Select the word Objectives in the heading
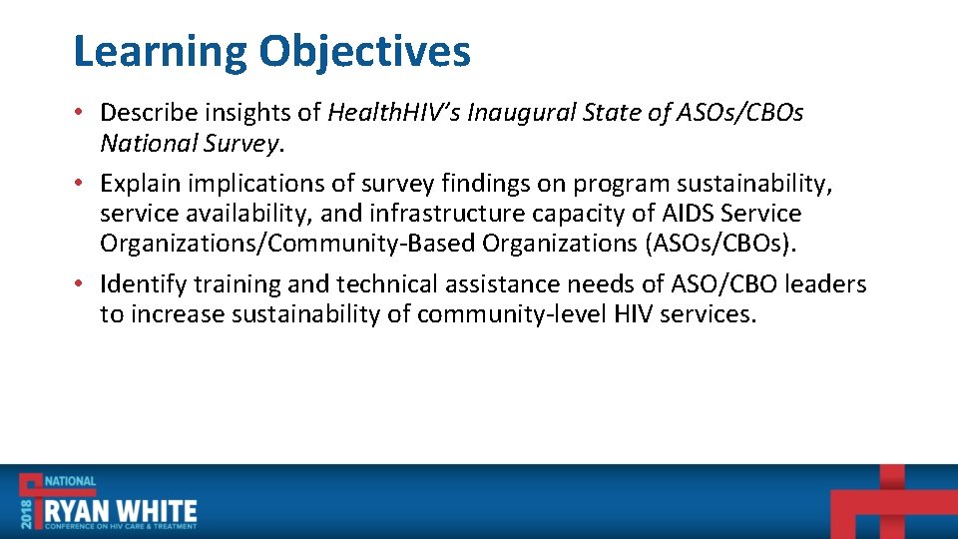pos(364,52)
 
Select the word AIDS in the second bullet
pos(689,214)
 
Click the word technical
pos(384,284)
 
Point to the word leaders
pos(825,284)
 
